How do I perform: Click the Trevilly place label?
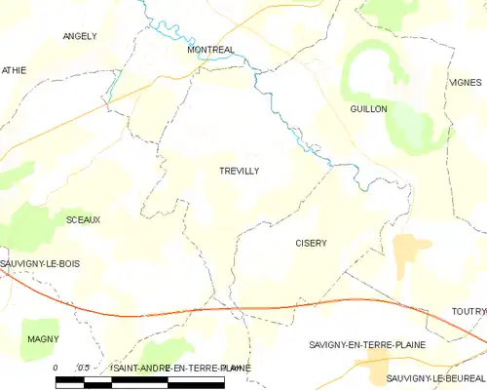coord(239,171)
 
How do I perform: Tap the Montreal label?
coord(211,49)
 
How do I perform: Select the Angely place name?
coord(80,36)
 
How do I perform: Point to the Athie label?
coord(13,70)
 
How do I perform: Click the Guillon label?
coord(368,109)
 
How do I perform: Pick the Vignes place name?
coord(466,83)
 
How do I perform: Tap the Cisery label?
coord(310,243)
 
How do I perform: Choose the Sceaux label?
coord(83,220)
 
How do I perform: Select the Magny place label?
coord(43,339)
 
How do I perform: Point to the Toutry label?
coord(468,311)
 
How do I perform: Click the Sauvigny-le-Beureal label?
coord(434,377)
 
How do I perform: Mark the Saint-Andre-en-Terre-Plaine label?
coord(181,368)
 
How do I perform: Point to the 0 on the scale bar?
coord(56,367)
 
